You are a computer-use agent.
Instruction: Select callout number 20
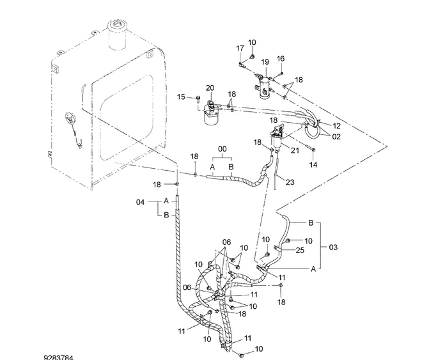coord(210,88)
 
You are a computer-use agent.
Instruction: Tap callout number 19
coord(264,61)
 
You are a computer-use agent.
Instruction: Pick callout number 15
coord(181,97)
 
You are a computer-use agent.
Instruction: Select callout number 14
coord(313,164)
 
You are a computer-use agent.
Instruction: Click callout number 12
coord(338,126)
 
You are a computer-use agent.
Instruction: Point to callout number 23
coord(290,182)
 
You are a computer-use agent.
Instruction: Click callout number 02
coord(336,136)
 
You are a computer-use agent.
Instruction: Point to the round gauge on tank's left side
coord(68,118)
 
